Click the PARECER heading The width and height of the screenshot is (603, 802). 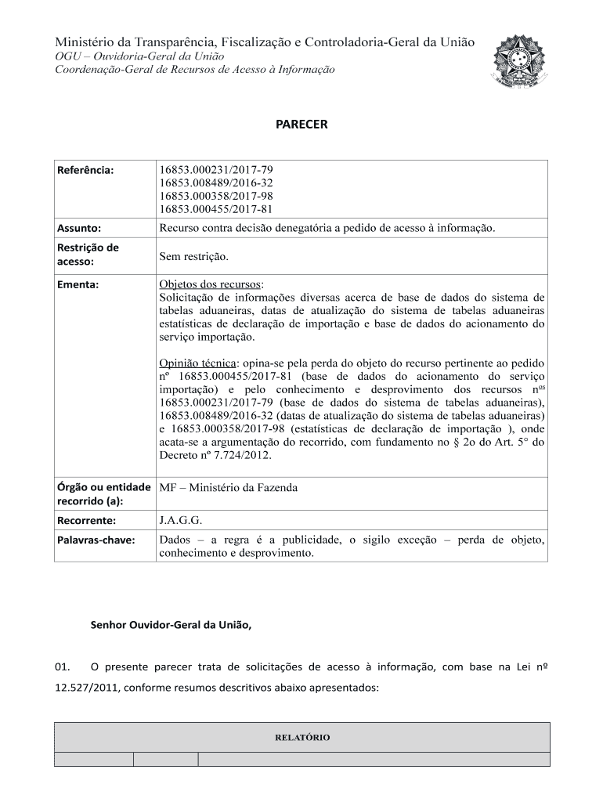click(x=301, y=125)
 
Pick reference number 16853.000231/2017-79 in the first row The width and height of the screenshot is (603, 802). click(x=216, y=169)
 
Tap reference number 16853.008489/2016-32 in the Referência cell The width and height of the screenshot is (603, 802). click(x=216, y=182)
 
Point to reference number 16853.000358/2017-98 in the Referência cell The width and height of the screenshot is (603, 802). click(x=216, y=196)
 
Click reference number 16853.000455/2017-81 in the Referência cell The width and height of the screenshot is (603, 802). click(x=216, y=209)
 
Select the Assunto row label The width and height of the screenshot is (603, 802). click(x=79, y=228)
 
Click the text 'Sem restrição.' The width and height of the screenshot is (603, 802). click(x=193, y=256)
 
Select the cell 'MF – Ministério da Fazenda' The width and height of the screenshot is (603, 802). click(x=229, y=488)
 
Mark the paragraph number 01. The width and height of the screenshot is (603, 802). click(x=63, y=667)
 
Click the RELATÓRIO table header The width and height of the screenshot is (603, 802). click(x=301, y=738)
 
